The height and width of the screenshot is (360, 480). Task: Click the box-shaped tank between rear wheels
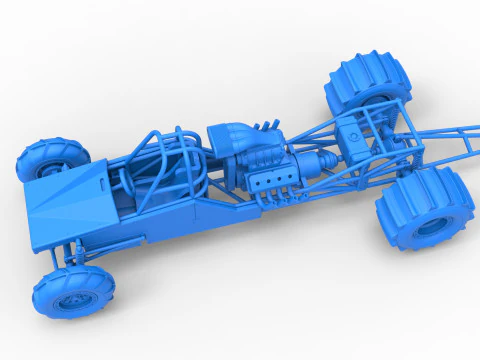click(352, 135)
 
